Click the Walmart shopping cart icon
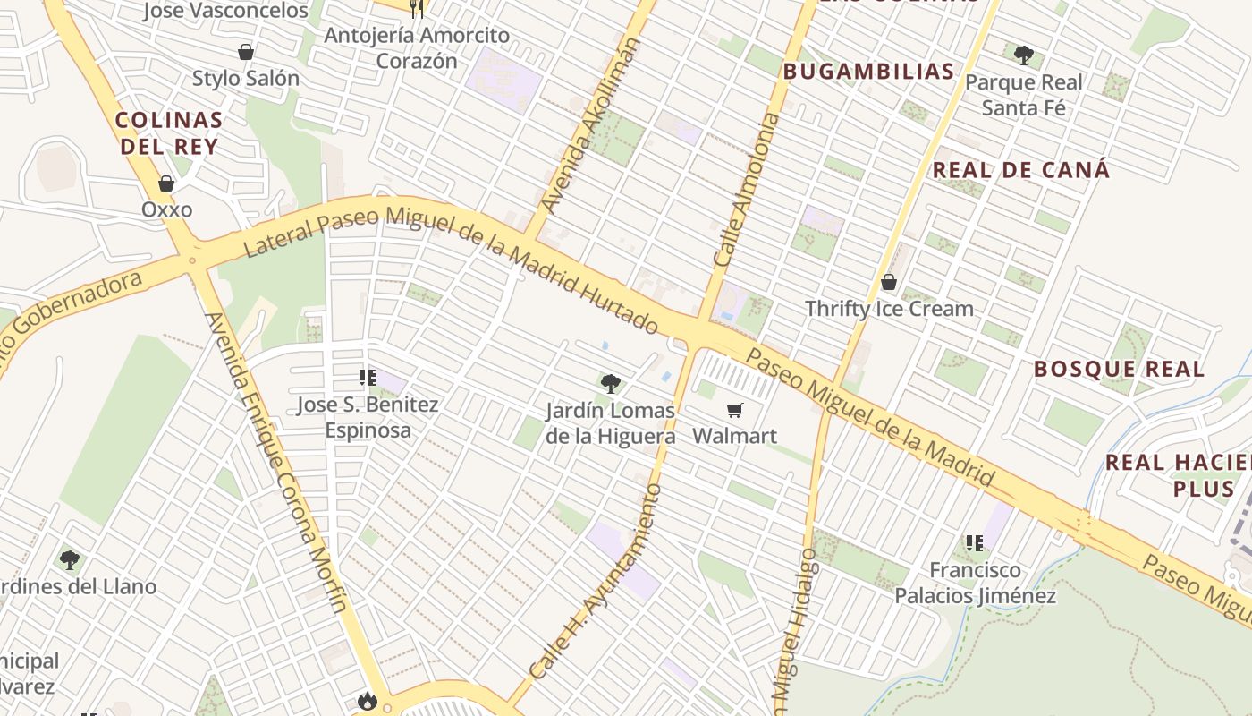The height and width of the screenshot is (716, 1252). pyautogui.click(x=735, y=411)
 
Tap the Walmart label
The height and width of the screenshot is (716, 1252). pyautogui.click(x=735, y=436)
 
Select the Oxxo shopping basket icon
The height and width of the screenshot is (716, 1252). pyautogui.click(x=166, y=183)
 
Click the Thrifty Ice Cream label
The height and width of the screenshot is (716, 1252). pyautogui.click(x=889, y=309)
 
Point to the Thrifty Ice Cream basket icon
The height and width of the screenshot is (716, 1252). pyautogui.click(x=889, y=283)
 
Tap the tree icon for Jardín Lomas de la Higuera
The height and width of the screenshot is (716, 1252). pyautogui.click(x=611, y=385)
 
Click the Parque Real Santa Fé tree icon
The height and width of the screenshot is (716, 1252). pyautogui.click(x=1024, y=55)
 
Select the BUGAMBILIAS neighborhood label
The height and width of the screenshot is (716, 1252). pyautogui.click(x=869, y=72)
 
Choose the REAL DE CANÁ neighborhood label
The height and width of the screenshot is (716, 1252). pyautogui.click(x=1021, y=170)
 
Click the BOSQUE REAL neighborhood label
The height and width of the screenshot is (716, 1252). pyautogui.click(x=1119, y=369)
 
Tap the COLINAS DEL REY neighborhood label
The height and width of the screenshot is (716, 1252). pyautogui.click(x=169, y=132)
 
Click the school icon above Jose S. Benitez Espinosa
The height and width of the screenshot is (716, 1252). pyautogui.click(x=367, y=378)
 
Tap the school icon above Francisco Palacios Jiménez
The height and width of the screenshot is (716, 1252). pyautogui.click(x=975, y=542)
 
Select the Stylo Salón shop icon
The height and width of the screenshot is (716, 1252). pyautogui.click(x=246, y=53)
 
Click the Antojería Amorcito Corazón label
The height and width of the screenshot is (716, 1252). pyautogui.click(x=417, y=48)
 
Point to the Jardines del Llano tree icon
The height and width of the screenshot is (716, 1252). pyautogui.click(x=70, y=561)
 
